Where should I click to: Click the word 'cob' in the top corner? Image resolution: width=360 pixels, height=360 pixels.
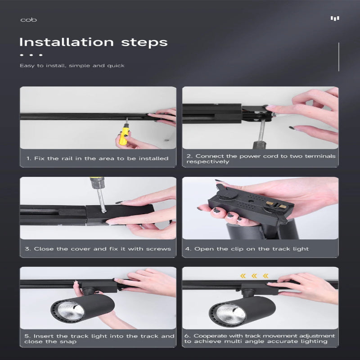pyautogui.click(x=28, y=20)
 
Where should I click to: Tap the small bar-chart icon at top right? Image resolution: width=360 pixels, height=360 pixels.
pyautogui.click(x=334, y=18)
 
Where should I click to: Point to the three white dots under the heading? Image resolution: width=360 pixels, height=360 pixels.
pyautogui.click(x=31, y=55)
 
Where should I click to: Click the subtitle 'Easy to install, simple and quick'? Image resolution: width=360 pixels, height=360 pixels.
pyautogui.click(x=72, y=66)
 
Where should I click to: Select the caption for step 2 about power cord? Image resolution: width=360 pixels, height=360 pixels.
pyautogui.click(x=260, y=159)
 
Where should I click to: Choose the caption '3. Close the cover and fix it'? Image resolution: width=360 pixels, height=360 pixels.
pyautogui.click(x=98, y=249)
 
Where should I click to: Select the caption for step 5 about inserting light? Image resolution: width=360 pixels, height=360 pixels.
pyautogui.click(x=98, y=338)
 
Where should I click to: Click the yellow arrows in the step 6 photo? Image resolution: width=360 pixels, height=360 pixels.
pyautogui.click(x=254, y=276)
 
